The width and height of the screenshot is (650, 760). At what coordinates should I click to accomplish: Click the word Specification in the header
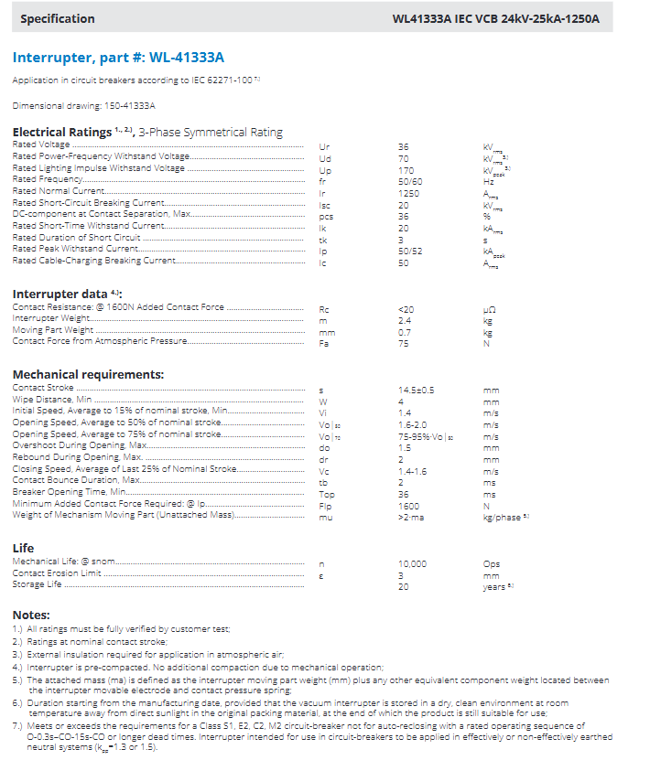pyautogui.click(x=57, y=18)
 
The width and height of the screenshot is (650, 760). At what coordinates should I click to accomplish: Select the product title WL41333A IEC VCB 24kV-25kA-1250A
pyautogui.click(x=496, y=18)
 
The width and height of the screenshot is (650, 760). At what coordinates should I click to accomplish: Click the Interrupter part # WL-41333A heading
pyautogui.click(x=118, y=58)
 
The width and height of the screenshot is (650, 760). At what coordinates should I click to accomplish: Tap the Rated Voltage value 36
pyautogui.click(x=404, y=146)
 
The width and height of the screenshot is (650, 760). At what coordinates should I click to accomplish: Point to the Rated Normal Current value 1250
pyautogui.click(x=408, y=192)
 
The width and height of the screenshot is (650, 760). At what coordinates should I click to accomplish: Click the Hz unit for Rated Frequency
pyautogui.click(x=488, y=180)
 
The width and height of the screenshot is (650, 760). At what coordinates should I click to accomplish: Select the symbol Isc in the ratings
pyautogui.click(x=325, y=203)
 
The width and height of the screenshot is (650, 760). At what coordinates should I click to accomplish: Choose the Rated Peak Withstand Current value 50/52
pyautogui.click(x=410, y=249)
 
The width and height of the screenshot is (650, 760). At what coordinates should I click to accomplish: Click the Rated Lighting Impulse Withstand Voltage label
pyautogui.click(x=99, y=169)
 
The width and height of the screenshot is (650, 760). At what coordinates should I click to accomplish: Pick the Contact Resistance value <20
pyautogui.click(x=406, y=309)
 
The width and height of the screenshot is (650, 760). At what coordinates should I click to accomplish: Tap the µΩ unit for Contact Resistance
pyautogui.click(x=489, y=309)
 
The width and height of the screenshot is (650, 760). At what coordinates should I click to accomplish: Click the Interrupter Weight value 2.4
pyautogui.click(x=405, y=320)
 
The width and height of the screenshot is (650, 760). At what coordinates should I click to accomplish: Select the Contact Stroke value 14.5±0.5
pyautogui.click(x=417, y=390)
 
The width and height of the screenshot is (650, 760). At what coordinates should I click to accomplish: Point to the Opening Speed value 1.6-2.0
pyautogui.click(x=413, y=424)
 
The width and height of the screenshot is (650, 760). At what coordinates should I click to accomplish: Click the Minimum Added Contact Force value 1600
pyautogui.click(x=408, y=506)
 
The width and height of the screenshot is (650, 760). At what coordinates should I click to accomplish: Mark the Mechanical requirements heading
pyautogui.click(x=88, y=374)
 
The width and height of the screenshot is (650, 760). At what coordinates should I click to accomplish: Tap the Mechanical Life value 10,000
pyautogui.click(x=412, y=564)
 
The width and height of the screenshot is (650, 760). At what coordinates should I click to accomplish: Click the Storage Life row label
pyautogui.click(x=38, y=584)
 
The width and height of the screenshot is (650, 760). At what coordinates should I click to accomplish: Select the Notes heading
pyautogui.click(x=31, y=615)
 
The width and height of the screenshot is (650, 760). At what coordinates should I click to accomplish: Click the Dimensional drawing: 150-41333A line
pyautogui.click(x=84, y=106)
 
